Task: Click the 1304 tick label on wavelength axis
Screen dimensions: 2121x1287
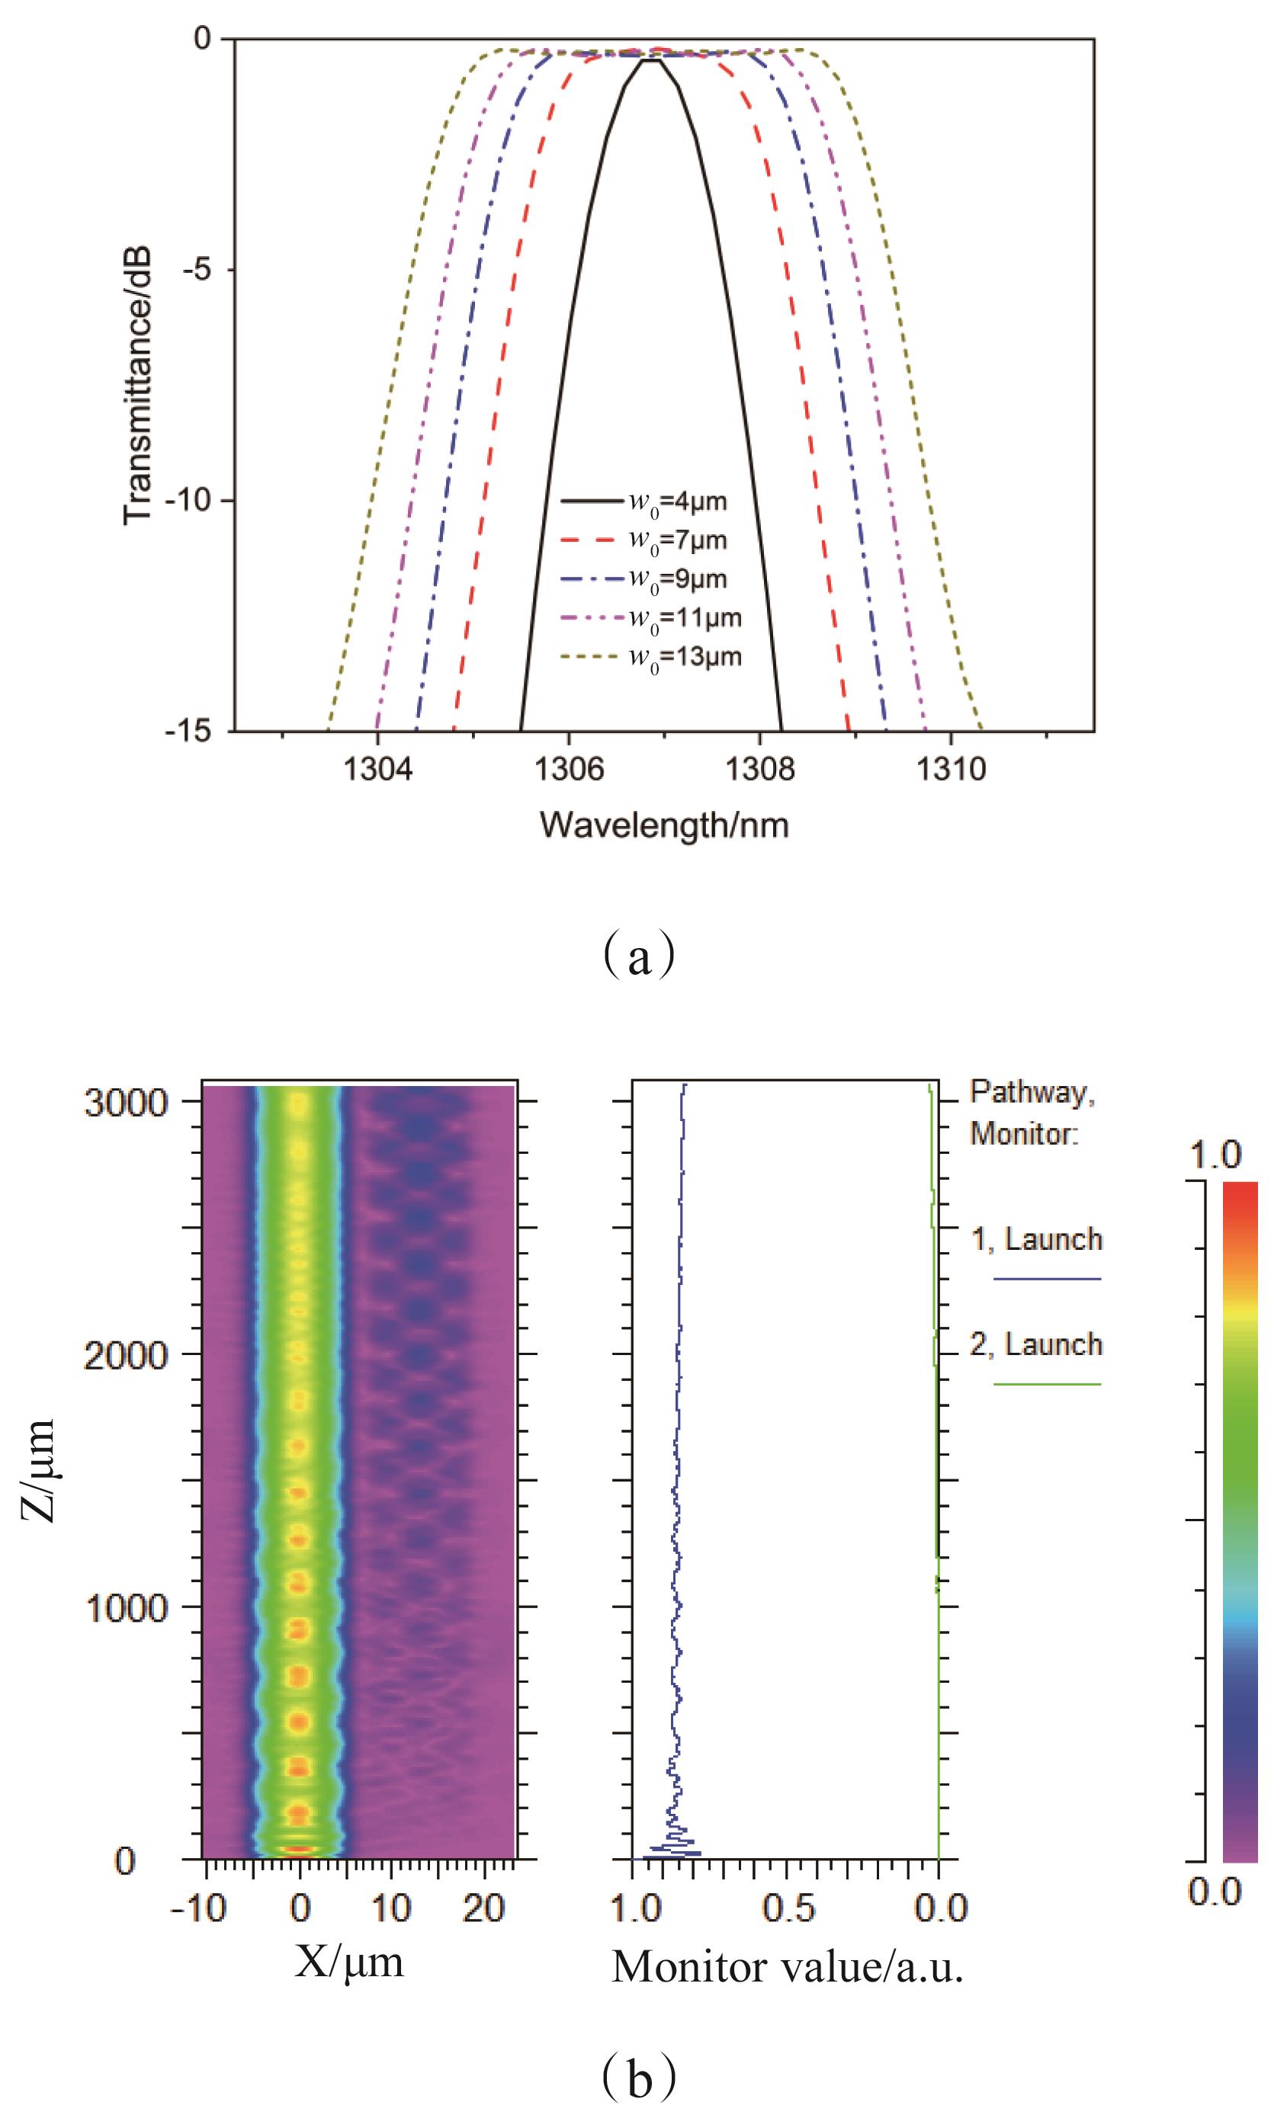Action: tap(377, 769)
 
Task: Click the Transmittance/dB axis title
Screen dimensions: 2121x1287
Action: tap(138, 386)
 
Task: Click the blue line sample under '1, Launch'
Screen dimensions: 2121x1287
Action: tap(1047, 1279)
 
